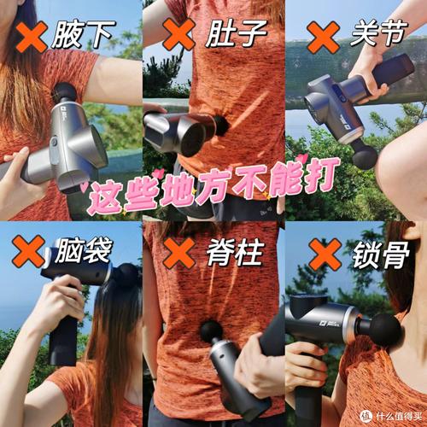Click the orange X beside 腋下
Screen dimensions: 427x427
coord(32,37)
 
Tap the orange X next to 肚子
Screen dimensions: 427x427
coord(178,34)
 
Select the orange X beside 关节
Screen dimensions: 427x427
coord(324,38)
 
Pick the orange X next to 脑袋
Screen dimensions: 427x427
coord(28,251)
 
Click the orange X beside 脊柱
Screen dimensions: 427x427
coord(179,254)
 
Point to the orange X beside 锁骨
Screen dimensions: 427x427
coord(325,254)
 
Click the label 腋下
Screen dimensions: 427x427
coord(84,35)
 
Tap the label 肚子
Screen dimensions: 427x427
coord(236,33)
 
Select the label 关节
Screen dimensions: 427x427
coord(379,32)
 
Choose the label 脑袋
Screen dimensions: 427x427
coord(84,250)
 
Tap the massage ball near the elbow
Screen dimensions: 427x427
coord(365,157)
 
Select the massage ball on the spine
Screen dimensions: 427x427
coord(211,331)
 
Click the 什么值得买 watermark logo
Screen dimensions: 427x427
coord(391,417)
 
